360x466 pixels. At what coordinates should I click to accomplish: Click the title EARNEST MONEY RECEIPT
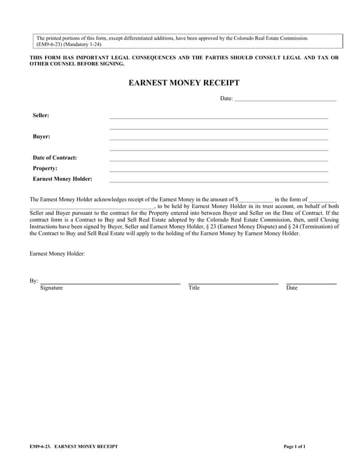click(184, 83)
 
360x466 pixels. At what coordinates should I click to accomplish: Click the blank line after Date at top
click(285, 100)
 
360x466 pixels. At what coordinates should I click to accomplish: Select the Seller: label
click(41, 115)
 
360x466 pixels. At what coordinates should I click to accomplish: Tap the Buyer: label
click(41, 137)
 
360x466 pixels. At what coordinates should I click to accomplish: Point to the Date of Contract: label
click(55, 158)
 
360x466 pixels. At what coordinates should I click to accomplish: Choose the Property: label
click(45, 168)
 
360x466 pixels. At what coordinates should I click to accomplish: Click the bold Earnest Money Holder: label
click(63, 179)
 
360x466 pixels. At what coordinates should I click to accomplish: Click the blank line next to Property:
click(219, 171)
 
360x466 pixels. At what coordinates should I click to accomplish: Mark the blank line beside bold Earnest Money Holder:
click(219, 181)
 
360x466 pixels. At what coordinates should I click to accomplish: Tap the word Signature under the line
click(52, 288)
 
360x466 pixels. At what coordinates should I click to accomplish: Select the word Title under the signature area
click(194, 288)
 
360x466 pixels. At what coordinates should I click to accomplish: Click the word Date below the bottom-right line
click(292, 288)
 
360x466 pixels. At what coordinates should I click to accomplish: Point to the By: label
click(34, 281)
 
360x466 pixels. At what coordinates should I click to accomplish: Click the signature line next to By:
click(110, 283)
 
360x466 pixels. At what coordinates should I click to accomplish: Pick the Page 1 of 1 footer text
click(294, 447)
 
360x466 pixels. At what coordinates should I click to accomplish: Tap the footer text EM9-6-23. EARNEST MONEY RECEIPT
click(73, 447)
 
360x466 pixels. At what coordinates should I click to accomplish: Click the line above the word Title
click(233, 283)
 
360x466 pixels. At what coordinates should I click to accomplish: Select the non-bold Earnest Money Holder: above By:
click(57, 254)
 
